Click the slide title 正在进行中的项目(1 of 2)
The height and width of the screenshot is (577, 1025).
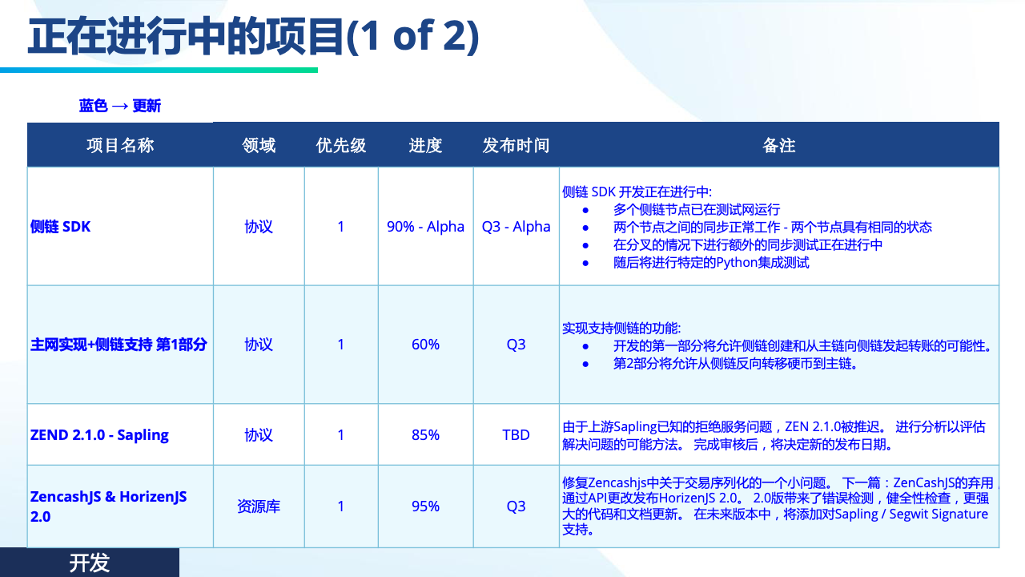(x=254, y=36)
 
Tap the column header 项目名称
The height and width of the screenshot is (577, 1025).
(x=120, y=146)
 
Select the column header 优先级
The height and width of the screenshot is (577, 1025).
(x=341, y=146)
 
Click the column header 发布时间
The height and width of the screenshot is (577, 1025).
(x=517, y=146)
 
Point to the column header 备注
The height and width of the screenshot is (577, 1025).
(x=779, y=146)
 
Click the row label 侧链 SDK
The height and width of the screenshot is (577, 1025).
(x=60, y=227)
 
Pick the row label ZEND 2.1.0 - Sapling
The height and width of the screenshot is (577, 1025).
(x=99, y=435)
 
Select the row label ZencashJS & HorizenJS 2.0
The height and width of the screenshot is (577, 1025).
(x=108, y=506)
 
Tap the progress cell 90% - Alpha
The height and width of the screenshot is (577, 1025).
(x=425, y=227)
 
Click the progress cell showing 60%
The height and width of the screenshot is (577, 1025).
(x=425, y=345)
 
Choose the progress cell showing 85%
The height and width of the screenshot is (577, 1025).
(x=425, y=435)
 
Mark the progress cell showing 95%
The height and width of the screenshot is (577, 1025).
(x=425, y=506)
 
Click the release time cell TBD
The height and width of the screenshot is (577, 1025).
(x=517, y=435)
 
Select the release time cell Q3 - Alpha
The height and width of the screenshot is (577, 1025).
(x=517, y=227)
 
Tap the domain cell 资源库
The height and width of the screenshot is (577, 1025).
(x=259, y=506)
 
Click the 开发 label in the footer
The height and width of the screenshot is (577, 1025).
(x=90, y=563)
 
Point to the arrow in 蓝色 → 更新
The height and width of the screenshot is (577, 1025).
(x=120, y=107)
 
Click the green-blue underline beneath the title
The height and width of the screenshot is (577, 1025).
(x=159, y=70)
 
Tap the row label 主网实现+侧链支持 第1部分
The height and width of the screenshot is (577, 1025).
(x=119, y=345)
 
